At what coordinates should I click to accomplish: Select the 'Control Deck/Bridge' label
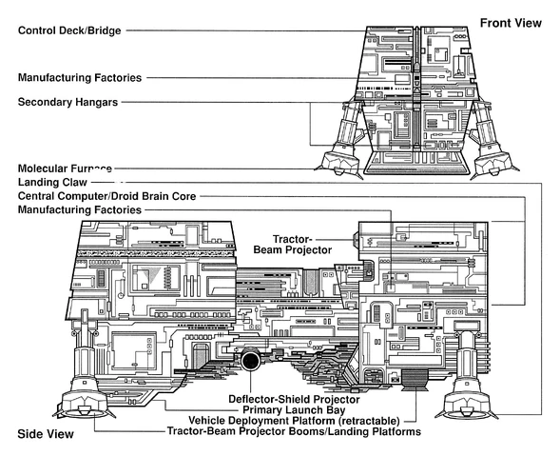click(x=70, y=30)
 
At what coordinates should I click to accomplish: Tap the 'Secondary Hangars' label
click(x=68, y=101)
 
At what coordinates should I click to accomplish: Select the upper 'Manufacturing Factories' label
click(x=80, y=77)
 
